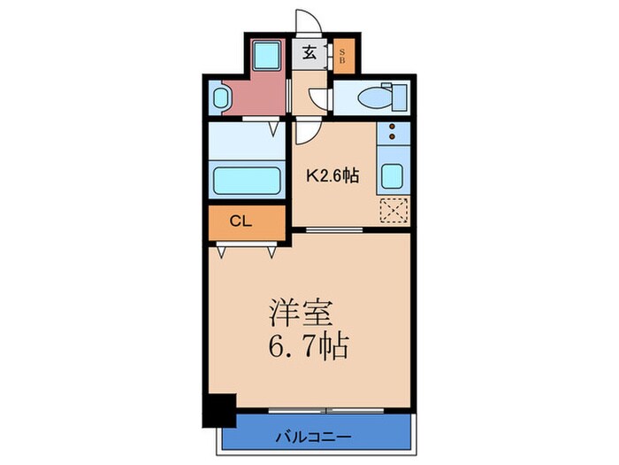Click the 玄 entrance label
(310, 53)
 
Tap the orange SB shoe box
(344, 56)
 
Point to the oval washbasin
(220, 98)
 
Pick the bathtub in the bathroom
(247, 181)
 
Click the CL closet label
(241, 221)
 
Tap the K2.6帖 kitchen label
(332, 175)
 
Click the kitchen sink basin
(392, 175)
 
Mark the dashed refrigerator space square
(392, 211)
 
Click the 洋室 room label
(302, 314)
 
